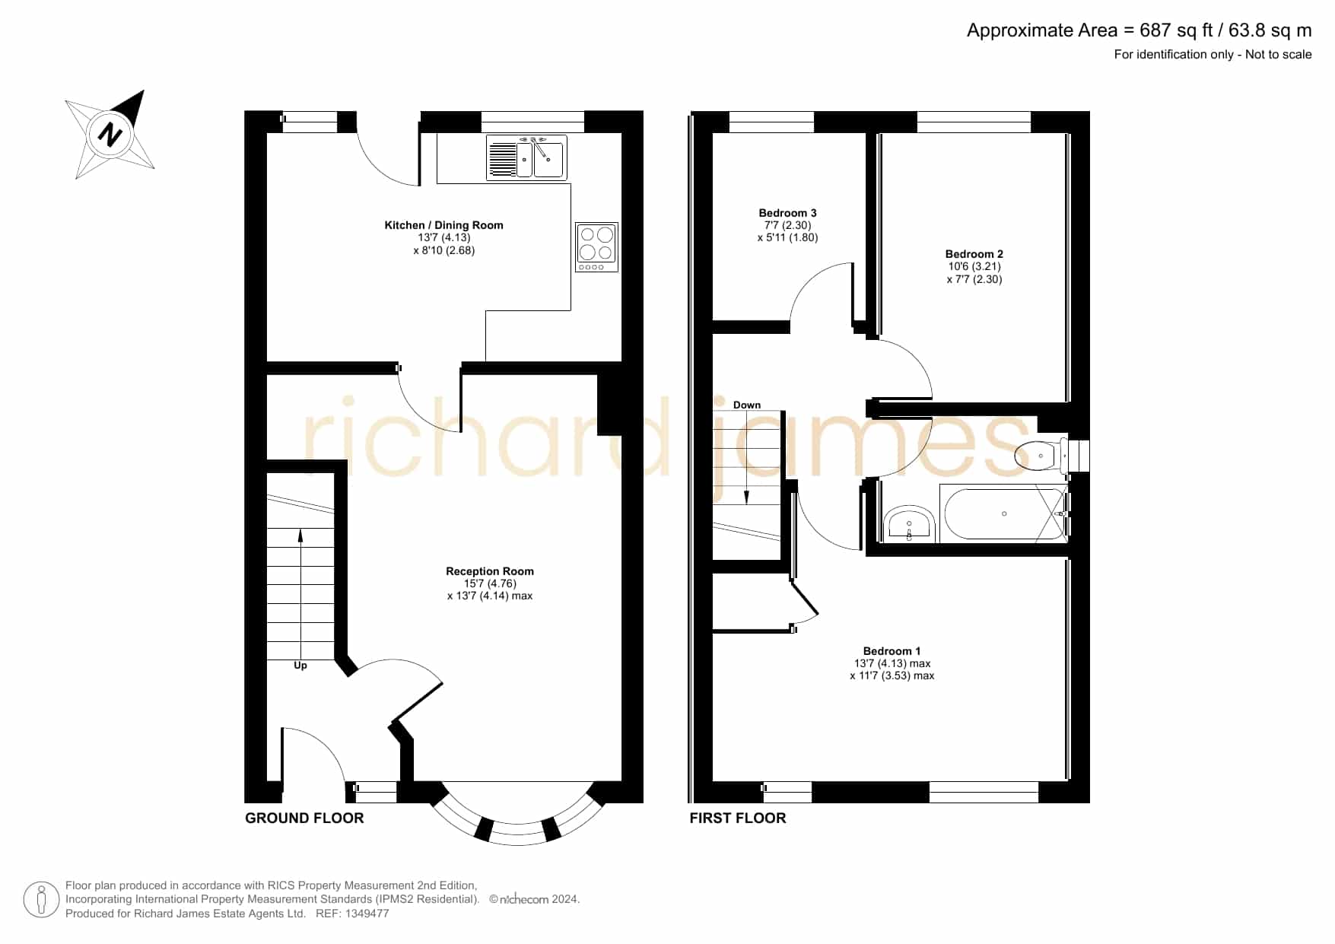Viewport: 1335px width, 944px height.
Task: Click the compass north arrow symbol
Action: point(110,135)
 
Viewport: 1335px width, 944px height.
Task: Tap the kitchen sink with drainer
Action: point(526,158)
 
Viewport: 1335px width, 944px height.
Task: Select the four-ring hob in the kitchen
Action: point(596,246)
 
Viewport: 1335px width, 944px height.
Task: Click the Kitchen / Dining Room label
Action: point(444,225)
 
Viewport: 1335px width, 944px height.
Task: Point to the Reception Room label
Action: point(490,571)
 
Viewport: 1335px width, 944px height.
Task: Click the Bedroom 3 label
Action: point(787,213)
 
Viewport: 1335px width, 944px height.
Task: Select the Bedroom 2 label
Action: point(974,254)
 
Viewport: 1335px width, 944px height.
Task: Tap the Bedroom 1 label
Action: point(892,651)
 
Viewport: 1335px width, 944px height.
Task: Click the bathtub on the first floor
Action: point(1004,514)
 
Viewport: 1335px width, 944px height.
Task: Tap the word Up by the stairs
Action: point(300,666)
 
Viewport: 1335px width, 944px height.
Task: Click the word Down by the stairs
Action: point(747,405)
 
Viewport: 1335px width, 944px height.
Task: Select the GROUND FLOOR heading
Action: point(304,818)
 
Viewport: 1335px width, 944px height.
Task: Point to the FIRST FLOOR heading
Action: point(738,818)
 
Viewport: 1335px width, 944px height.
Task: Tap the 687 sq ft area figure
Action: point(1176,30)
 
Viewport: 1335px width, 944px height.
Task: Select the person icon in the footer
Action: point(41,900)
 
